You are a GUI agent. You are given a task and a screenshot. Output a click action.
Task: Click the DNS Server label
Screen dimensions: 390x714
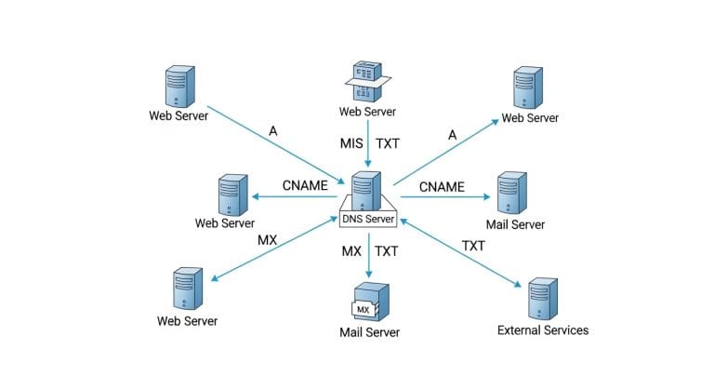pos(370,220)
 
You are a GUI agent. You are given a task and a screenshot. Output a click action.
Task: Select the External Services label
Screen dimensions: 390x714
pos(543,329)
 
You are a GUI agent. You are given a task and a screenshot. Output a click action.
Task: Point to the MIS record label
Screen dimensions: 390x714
pos(350,145)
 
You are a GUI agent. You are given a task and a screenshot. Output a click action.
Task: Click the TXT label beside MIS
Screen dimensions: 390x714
pos(388,145)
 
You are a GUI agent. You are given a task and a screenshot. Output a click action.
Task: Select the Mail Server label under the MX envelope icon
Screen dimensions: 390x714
pos(369,332)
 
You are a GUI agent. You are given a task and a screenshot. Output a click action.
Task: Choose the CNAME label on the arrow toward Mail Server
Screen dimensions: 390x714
pos(441,186)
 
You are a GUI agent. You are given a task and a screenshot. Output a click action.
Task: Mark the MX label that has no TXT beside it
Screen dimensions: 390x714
pos(268,241)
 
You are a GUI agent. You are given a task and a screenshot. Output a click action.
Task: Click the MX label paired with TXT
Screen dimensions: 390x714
pos(351,251)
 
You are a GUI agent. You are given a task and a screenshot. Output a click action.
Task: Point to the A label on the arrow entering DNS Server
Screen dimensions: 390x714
pos(272,131)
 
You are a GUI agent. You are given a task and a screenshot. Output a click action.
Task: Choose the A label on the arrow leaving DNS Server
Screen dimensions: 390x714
pos(453,135)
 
